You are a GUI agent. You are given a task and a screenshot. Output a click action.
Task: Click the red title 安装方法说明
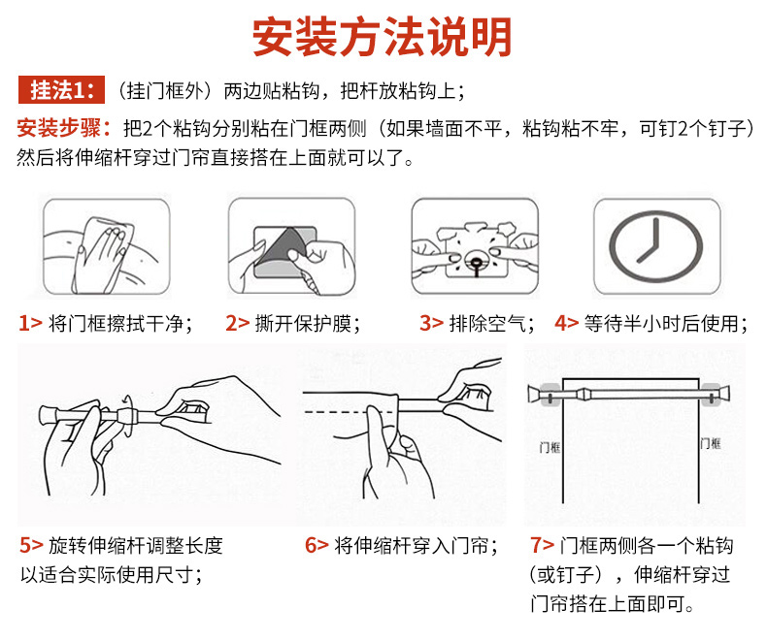coord(382,37)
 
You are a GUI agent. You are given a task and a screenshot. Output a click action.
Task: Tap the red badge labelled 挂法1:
coord(61,90)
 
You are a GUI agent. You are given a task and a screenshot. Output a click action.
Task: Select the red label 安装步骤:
coord(63,129)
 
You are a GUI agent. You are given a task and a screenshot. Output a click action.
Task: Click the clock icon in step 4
coord(656,246)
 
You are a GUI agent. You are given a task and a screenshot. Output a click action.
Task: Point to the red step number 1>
coord(30,324)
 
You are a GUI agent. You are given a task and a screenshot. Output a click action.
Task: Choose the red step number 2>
coord(237,324)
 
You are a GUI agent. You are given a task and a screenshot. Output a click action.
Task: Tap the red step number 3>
coord(431,324)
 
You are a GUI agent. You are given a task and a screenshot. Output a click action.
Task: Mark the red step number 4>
coord(566,324)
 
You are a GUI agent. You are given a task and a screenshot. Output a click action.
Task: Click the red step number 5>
coord(32,545)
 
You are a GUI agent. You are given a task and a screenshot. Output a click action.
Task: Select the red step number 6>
coord(317,545)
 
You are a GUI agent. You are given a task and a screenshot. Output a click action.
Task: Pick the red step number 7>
coord(543,545)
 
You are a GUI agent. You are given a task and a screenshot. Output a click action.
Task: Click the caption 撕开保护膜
coord(303,324)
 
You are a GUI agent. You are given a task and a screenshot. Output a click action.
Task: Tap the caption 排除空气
coord(487,324)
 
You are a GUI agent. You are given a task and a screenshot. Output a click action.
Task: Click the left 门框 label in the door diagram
coord(550,447)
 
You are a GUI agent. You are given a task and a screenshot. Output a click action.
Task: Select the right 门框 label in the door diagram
coord(711,443)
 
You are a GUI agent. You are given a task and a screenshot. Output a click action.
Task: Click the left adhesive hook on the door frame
coord(550,395)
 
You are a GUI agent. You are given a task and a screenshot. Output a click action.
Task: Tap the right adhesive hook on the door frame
coord(712,395)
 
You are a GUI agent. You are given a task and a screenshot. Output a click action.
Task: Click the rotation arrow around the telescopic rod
coord(128,415)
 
